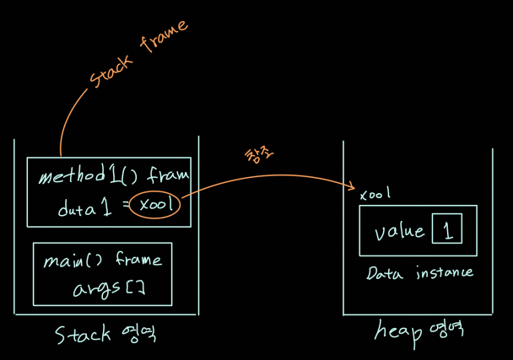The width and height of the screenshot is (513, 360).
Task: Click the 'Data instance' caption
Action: coord(419,272)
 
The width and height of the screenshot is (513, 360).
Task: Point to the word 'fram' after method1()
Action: coord(167,178)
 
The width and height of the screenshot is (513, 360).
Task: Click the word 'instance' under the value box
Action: coord(442,272)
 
